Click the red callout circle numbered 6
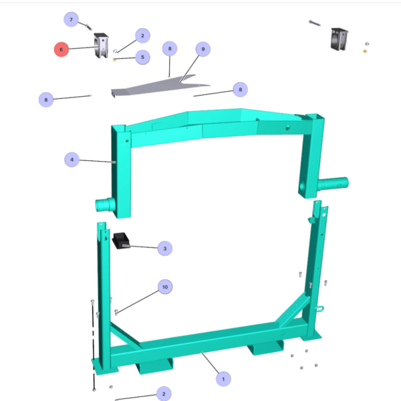pos(61,49)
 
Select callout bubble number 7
pos(71,19)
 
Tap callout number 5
pos(143,57)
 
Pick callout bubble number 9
pos(203,49)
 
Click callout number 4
pos(72,159)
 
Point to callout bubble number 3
pos(165,249)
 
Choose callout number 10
pos(165,287)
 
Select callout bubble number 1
pos(223,379)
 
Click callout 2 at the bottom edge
pos(164,394)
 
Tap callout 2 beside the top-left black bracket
pos(143,35)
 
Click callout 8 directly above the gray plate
pos(170,48)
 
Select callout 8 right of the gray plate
pos(241,90)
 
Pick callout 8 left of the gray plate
pos(46,100)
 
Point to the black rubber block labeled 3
pos(121,241)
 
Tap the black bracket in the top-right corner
pos(339,39)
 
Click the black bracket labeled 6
pos(102,45)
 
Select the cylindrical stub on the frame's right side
pos(333,184)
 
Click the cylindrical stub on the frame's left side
pos(106,205)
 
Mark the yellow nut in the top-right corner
pos(365,51)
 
